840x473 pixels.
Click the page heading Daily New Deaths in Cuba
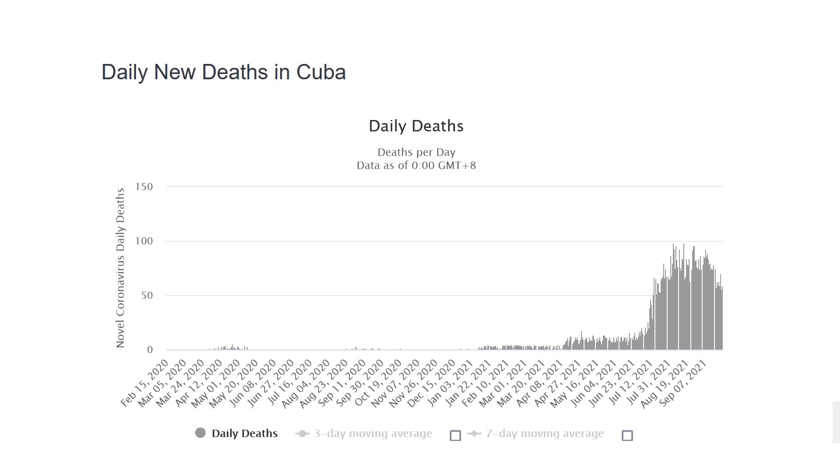224,72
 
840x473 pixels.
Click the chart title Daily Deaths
416,126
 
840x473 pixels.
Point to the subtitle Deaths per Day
416,152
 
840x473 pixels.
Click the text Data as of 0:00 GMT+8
416,166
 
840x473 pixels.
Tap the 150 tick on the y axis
144,187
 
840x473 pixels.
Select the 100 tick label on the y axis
144,241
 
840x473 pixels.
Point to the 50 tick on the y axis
147,295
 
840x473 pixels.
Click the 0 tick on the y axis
150,349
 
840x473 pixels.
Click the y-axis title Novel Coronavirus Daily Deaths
120,268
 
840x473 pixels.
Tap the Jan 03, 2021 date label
451,384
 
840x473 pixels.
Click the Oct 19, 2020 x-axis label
379,384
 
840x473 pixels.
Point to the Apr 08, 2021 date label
540,384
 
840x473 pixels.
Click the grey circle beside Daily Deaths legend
200,433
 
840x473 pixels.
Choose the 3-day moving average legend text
373,434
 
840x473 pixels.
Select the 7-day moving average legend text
545,434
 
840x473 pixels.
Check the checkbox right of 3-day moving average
455,435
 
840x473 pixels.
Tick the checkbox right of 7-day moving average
627,435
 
